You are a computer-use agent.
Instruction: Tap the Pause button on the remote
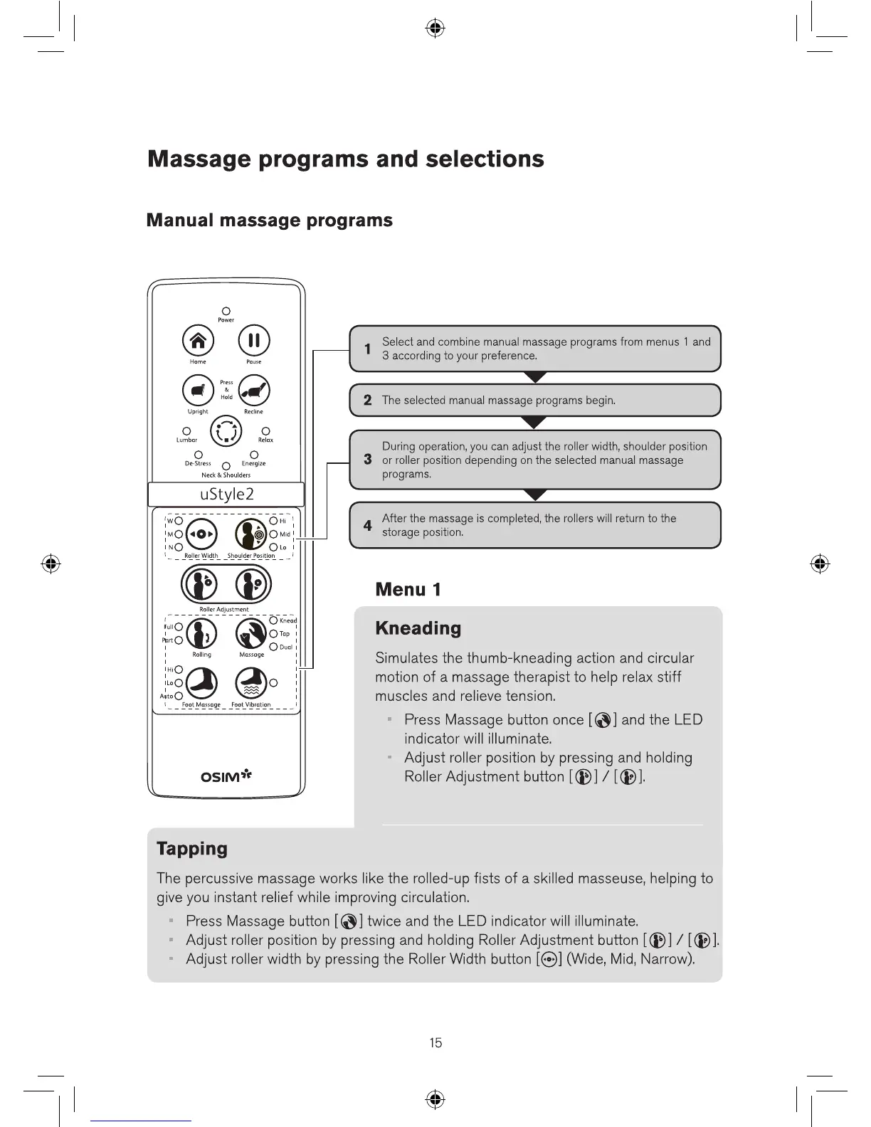coord(253,340)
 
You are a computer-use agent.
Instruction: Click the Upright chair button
coord(198,391)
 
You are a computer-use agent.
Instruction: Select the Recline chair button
coord(254,391)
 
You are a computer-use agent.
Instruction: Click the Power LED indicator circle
coord(226,311)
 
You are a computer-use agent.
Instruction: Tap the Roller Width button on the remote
coord(201,534)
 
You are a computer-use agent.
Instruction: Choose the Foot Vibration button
coord(251,684)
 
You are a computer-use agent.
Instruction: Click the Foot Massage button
coord(201,684)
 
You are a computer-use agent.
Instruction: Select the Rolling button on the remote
coord(201,632)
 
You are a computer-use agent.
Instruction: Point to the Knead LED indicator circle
coord(273,620)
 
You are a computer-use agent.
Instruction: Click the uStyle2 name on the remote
coord(226,494)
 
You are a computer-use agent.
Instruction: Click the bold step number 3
coord(367,460)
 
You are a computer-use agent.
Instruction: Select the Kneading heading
coord(418,628)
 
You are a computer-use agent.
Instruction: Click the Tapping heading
coord(192,849)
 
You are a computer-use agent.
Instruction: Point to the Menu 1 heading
coord(408,590)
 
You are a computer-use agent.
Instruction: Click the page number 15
coord(435,1043)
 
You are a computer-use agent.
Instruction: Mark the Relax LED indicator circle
coord(265,431)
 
